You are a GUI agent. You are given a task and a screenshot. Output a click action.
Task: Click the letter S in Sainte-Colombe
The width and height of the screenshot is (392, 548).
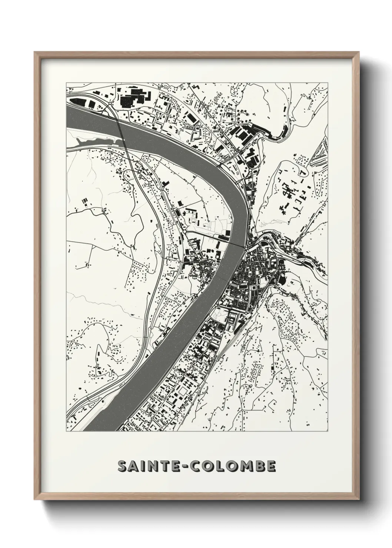coord(123,466)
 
